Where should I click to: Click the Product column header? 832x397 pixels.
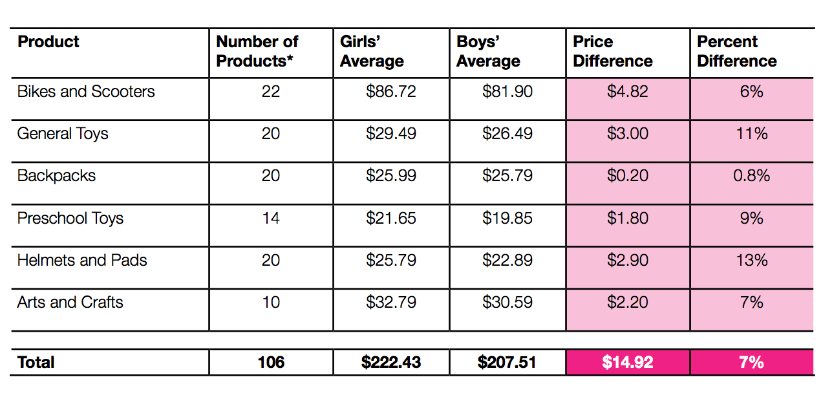(x=48, y=42)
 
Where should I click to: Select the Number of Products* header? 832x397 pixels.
(x=257, y=52)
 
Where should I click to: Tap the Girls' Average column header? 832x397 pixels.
(x=372, y=52)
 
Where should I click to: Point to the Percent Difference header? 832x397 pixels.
(x=737, y=52)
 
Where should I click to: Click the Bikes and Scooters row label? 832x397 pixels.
(x=86, y=92)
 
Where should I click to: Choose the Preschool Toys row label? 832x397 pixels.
(x=70, y=219)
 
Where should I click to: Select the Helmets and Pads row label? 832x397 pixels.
(x=82, y=261)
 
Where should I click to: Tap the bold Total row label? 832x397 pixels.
(x=36, y=362)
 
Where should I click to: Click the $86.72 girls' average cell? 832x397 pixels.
(x=390, y=92)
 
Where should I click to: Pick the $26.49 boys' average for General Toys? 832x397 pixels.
(x=507, y=134)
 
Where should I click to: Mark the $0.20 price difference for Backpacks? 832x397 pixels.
(x=627, y=176)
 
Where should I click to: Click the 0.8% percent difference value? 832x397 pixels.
(x=751, y=176)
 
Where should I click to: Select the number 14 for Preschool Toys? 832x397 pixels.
(x=271, y=219)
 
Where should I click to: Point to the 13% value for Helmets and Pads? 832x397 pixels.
(x=751, y=261)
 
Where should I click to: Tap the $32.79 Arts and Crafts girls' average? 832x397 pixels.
(x=390, y=303)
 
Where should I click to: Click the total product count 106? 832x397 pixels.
(x=271, y=362)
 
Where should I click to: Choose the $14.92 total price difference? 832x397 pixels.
(x=627, y=362)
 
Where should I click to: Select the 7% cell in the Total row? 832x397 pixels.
(x=751, y=362)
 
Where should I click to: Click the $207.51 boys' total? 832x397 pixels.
(x=507, y=362)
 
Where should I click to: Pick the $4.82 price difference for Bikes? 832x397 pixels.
(x=627, y=92)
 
